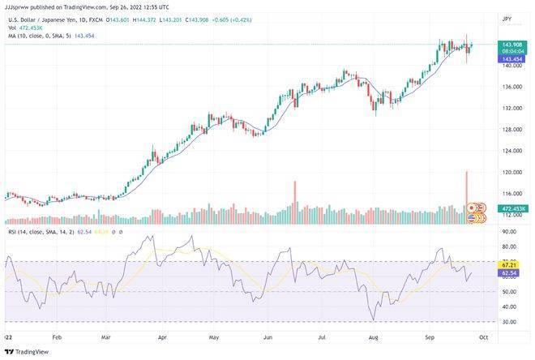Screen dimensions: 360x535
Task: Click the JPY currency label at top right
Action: point(507,18)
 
